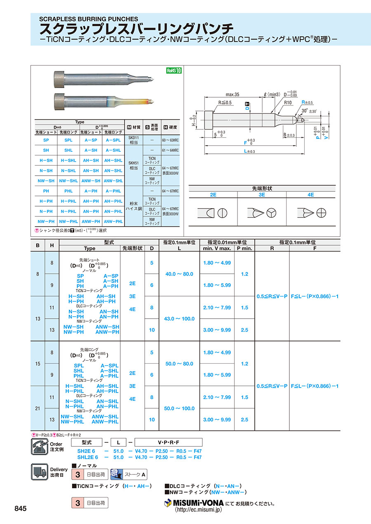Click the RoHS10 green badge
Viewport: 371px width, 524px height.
click(174, 70)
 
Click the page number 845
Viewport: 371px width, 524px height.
click(21, 509)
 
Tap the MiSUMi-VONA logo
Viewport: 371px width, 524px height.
click(194, 503)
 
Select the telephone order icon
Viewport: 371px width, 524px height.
click(40, 447)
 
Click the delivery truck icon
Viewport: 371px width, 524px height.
click(40, 472)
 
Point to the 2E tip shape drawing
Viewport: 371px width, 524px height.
click(214, 213)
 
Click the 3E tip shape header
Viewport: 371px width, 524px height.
click(262, 195)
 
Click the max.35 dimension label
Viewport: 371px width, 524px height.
click(232, 94)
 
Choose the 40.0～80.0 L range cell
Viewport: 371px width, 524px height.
click(179, 274)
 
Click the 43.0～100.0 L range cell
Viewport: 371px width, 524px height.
click(179, 319)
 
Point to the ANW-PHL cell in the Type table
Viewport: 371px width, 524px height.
click(113, 221)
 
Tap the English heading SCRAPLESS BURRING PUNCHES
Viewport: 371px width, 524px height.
click(89, 19)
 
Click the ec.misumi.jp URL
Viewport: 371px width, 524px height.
click(198, 510)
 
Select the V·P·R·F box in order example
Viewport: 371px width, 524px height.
click(169, 442)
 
